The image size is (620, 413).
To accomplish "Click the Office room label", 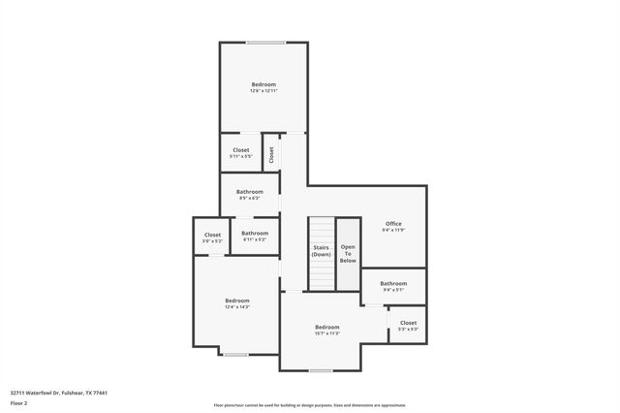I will pyautogui.click(x=393, y=224).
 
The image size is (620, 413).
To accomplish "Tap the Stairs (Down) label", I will pyautogui.click(x=321, y=251).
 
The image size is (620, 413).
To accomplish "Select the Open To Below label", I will pyautogui.click(x=348, y=253).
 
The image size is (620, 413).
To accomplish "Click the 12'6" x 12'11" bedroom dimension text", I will pyautogui.click(x=263, y=91).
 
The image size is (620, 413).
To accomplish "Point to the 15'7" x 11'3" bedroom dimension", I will pyautogui.click(x=326, y=334).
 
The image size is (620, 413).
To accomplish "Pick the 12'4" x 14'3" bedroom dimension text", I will pyautogui.click(x=237, y=306).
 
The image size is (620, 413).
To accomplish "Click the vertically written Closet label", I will pyautogui.click(x=272, y=153).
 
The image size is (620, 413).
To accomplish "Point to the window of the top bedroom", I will pyautogui.click(x=264, y=42).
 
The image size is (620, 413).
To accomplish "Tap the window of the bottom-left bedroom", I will pyautogui.click(x=235, y=355).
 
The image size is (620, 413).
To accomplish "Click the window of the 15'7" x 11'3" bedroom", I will pyautogui.click(x=321, y=370).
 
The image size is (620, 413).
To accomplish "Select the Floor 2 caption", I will pyautogui.click(x=18, y=402).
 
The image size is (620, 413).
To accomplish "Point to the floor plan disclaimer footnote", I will pyautogui.click(x=310, y=405).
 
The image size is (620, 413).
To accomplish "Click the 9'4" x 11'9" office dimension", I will pyautogui.click(x=393, y=231).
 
